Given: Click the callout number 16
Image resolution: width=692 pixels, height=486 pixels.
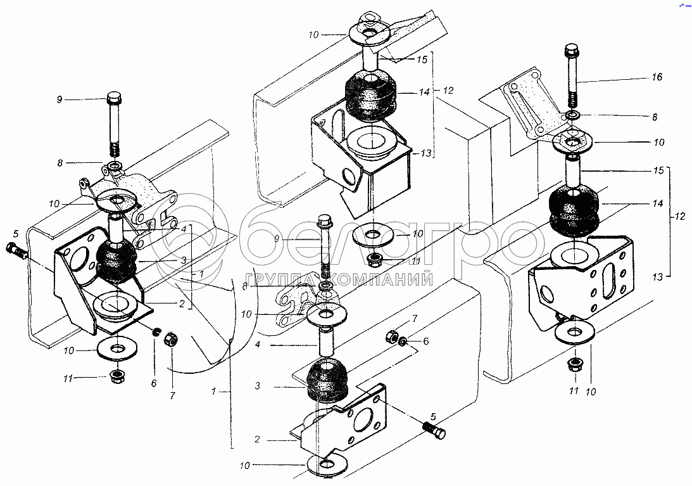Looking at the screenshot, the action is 657,77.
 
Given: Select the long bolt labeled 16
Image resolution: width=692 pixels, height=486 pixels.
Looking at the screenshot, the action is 571,76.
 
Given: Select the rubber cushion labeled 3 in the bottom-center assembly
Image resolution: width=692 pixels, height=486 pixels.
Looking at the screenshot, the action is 327,381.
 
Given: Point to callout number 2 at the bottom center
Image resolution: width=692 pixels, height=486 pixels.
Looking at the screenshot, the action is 257,439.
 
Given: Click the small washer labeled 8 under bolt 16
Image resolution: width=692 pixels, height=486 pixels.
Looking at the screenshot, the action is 573,116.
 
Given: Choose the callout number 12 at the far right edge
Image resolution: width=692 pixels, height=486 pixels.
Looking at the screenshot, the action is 679,216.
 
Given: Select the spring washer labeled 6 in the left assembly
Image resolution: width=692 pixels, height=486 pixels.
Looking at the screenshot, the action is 155,331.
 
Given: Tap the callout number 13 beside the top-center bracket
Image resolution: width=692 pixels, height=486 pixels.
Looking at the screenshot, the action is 426,153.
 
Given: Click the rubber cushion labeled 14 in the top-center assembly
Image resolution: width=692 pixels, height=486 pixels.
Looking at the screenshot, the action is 369,96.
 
